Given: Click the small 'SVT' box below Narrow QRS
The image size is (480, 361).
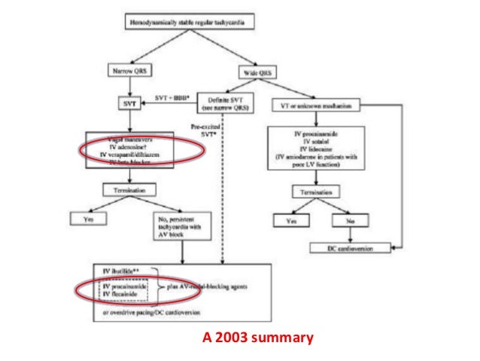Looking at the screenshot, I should pyautogui.click(x=128, y=100).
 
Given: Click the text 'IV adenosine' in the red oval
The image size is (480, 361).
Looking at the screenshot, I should pyautogui.click(x=120, y=148).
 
